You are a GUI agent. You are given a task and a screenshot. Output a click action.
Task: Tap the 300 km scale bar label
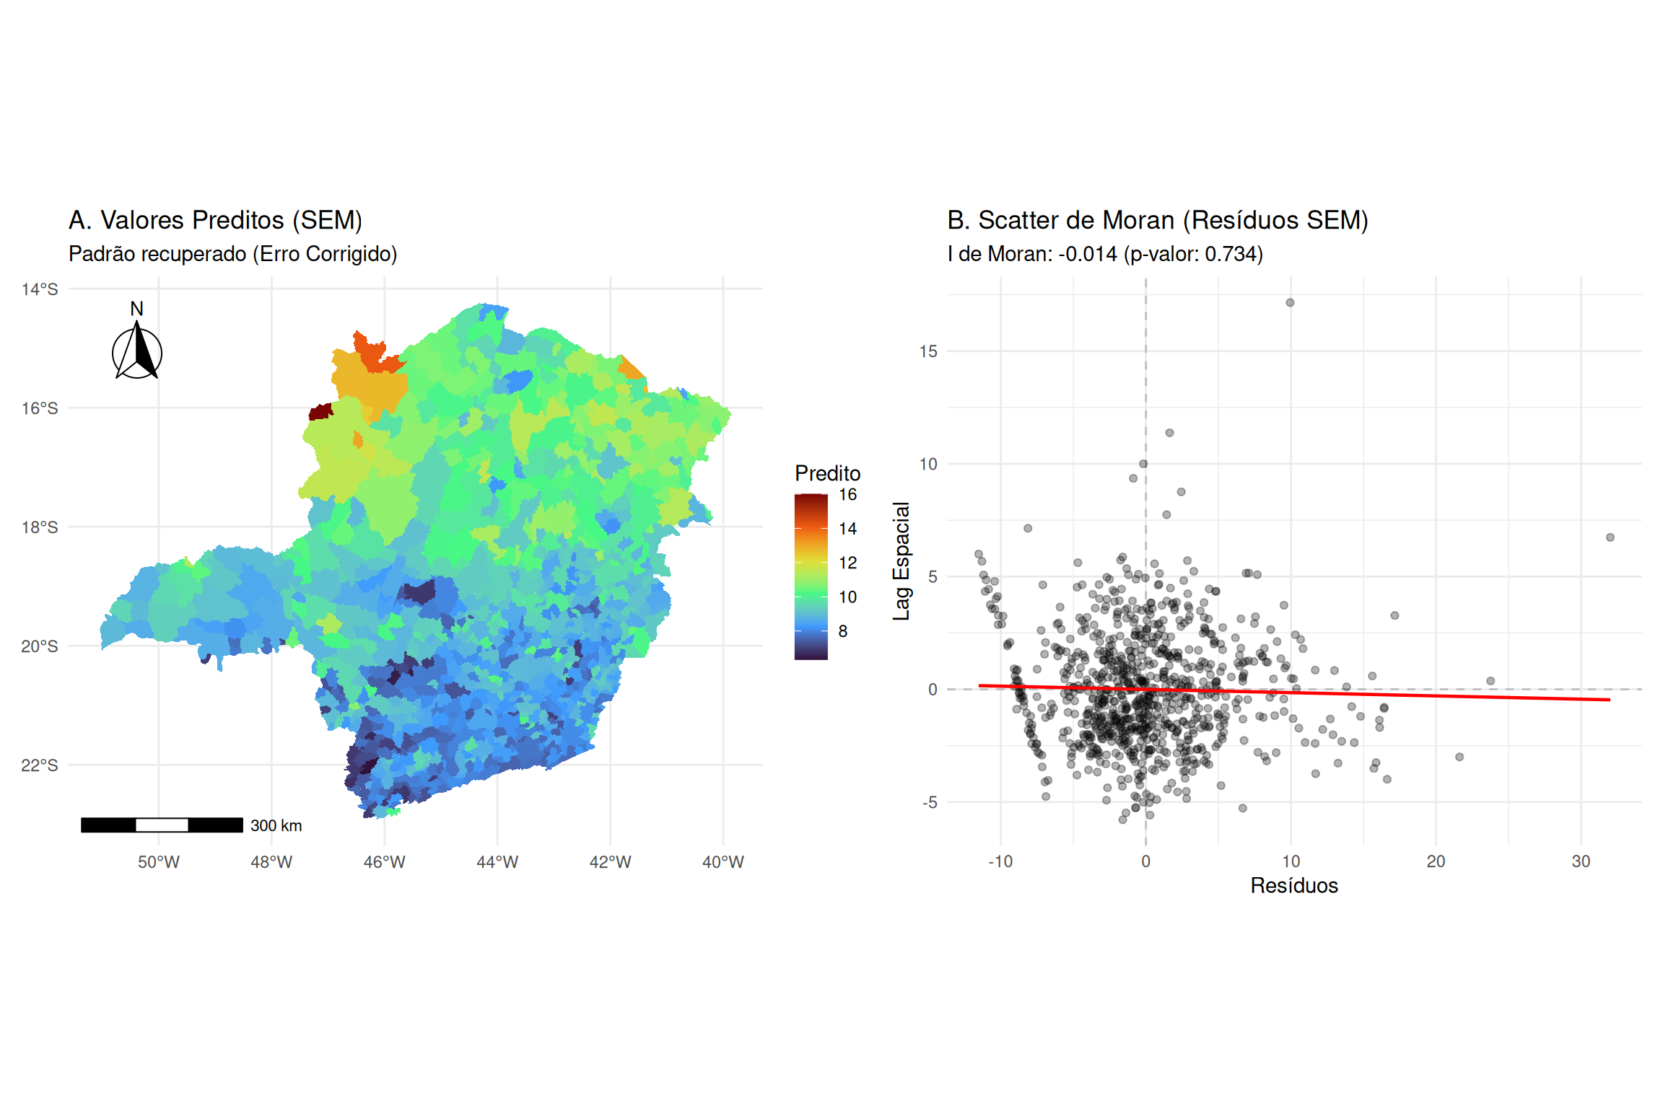coord(276,825)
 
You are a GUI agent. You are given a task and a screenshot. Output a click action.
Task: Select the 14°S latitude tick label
coord(40,289)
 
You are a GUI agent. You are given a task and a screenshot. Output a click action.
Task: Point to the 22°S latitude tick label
coord(40,765)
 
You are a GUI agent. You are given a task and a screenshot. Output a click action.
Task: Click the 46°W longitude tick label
coord(384,862)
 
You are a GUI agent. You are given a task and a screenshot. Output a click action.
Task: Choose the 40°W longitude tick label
coord(723,862)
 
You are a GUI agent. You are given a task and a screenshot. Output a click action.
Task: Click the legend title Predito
coord(827,473)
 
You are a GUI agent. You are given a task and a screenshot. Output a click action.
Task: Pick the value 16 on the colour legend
coord(847,495)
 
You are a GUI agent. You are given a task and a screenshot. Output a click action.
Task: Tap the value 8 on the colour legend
coord(843,631)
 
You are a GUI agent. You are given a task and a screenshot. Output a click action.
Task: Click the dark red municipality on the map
coord(320,411)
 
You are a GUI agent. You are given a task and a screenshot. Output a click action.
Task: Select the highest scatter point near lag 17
coord(1290,303)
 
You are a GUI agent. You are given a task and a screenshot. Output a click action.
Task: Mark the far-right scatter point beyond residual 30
coord(1610,537)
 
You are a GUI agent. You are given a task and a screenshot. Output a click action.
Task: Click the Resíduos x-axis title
coord(1293,885)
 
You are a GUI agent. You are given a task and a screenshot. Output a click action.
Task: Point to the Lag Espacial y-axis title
coord(902,560)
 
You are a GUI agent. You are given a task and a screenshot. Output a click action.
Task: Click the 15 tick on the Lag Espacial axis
coord(928,351)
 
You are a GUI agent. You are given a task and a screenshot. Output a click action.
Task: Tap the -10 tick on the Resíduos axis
coord(1000,861)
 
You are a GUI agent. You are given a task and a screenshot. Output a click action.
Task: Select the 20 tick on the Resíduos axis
coord(1435,861)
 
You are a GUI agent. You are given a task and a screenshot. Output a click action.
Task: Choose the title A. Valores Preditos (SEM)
coord(215,220)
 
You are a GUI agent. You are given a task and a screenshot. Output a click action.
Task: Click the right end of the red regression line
coord(1608,700)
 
